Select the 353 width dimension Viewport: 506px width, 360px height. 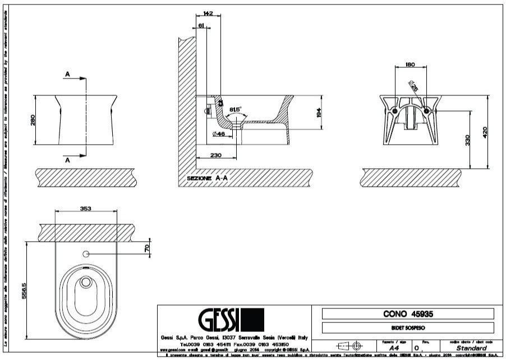point(86,208)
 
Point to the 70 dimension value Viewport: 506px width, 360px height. point(147,248)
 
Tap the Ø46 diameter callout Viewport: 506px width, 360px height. point(219,134)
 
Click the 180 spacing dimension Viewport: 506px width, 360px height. point(410,65)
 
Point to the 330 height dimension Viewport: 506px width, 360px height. point(467,139)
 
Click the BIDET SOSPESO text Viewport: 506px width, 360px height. point(408,327)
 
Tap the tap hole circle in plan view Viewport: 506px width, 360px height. point(86,255)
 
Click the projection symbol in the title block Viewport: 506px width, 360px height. point(349,346)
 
